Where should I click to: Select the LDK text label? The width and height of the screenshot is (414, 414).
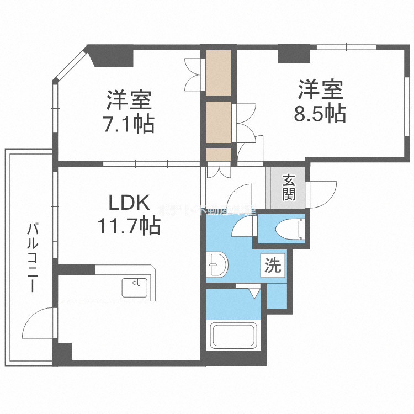point(129,203)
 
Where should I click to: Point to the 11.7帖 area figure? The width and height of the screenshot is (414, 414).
point(129,225)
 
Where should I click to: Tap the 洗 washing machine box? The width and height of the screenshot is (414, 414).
point(273,266)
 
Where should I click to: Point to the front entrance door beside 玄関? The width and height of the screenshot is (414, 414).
point(323,193)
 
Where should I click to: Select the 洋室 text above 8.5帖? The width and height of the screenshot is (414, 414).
point(321,89)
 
